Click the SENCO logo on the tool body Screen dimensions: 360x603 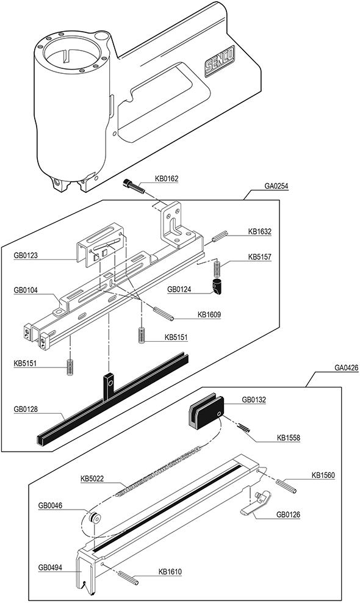pyautogui.click(x=220, y=63)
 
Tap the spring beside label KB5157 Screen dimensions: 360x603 pyautogui.click(x=217, y=269)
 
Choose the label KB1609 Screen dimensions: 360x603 pyautogui.click(x=209, y=314)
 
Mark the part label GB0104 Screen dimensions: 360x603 pyautogui.click(x=26, y=291)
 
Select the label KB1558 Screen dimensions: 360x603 pyautogui.click(x=289, y=437)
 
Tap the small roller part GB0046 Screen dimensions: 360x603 pyautogui.click(x=94, y=519)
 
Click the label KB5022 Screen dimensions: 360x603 pyautogui.click(x=92, y=479)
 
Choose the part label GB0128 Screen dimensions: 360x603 pyautogui.click(x=26, y=409)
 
